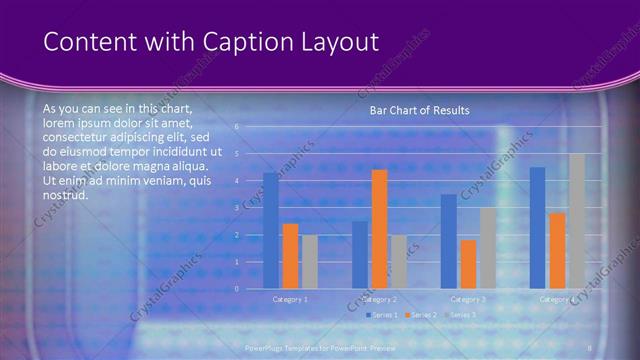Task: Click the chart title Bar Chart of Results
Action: [419, 110]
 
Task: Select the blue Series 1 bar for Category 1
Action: [271, 231]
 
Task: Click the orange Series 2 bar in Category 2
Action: [379, 229]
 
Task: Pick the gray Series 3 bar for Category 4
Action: [577, 221]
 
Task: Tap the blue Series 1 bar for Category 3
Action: [449, 241]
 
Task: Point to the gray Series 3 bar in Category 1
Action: [310, 262]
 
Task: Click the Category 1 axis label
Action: [290, 299]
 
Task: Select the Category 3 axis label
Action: [468, 299]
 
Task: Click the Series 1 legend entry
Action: [382, 315]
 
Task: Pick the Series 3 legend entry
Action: [461, 315]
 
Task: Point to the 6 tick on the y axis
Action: [237, 127]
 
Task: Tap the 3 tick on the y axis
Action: [237, 208]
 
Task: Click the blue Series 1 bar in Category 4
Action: [537, 228]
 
